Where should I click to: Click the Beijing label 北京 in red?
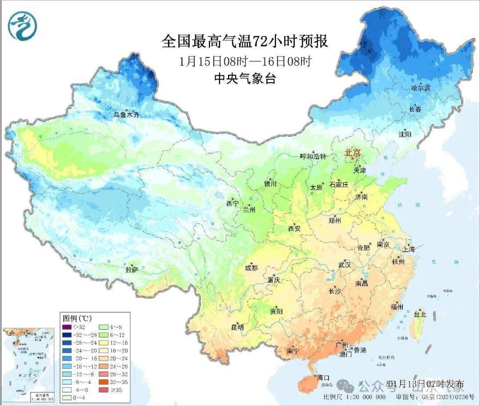tap(354, 153)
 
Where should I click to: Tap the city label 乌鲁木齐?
tap(126, 115)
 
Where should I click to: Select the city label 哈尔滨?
tap(420, 88)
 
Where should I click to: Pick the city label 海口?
tap(323, 378)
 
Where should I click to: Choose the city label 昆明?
tap(238, 327)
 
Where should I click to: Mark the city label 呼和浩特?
tap(313, 156)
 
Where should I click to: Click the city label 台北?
tap(420, 314)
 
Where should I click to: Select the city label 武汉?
tap(344, 265)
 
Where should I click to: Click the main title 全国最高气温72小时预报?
tap(245, 41)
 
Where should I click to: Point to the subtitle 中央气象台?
tap(245, 79)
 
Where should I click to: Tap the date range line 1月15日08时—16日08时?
tap(245, 61)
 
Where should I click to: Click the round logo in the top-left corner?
tap(22, 25)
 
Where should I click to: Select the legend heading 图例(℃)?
tap(76, 318)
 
